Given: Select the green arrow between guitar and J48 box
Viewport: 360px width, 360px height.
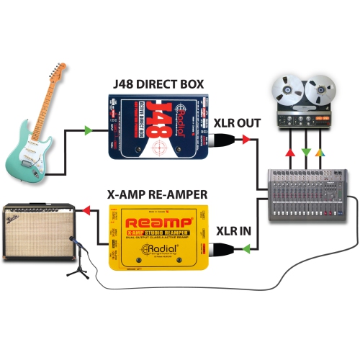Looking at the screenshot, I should (x=87, y=130).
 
